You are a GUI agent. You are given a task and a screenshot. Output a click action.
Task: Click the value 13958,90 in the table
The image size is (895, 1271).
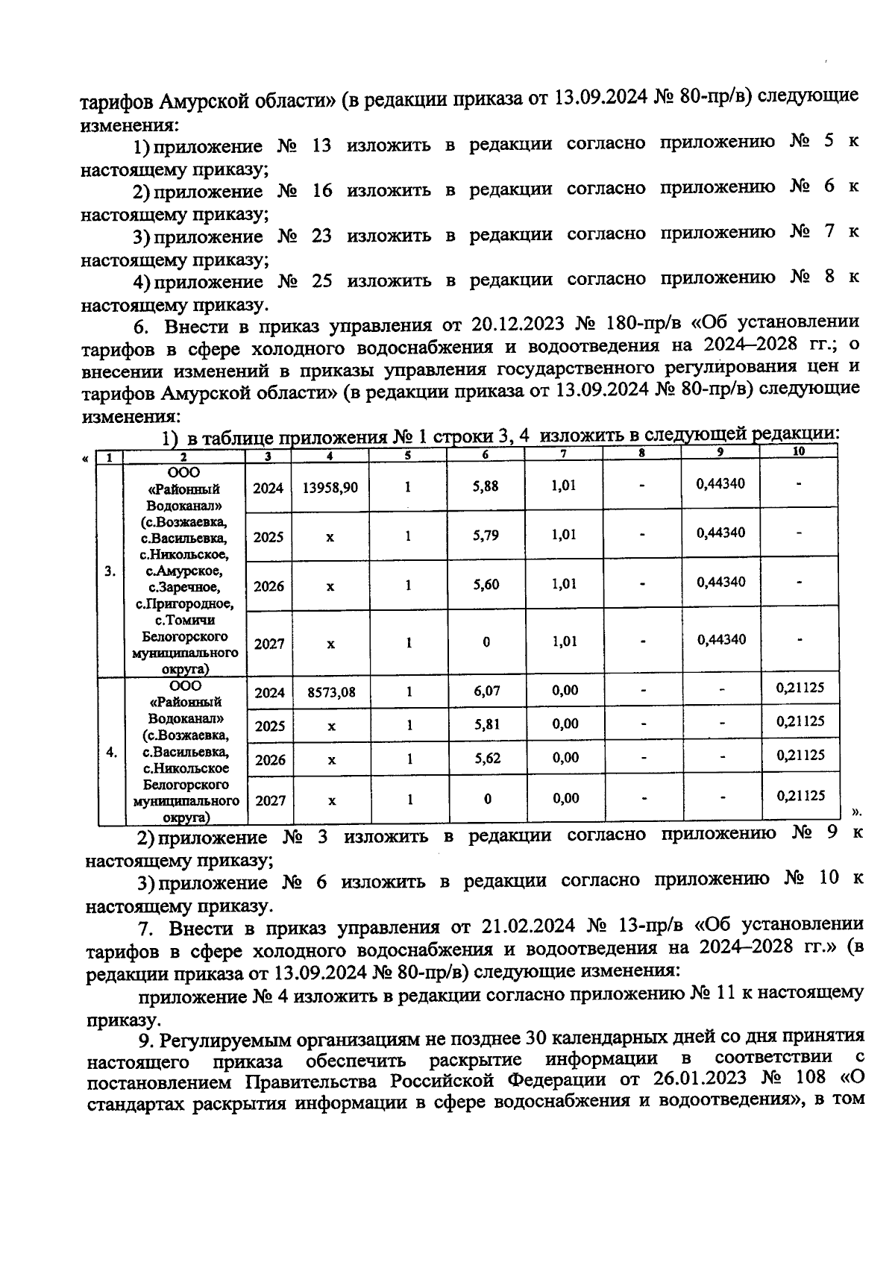[x=330, y=488]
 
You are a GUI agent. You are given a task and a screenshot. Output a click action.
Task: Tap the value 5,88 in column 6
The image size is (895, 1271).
[x=486, y=486]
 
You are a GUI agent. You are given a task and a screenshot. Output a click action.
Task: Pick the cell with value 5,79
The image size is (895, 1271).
[x=486, y=536]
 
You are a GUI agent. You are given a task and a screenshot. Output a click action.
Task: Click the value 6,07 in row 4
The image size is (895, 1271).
[x=486, y=691]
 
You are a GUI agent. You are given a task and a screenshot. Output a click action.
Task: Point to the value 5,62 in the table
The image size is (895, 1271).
[x=487, y=759]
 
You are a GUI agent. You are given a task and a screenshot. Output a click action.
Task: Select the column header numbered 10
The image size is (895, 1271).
[x=798, y=451]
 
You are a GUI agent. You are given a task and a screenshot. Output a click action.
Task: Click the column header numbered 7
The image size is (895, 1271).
[x=564, y=453]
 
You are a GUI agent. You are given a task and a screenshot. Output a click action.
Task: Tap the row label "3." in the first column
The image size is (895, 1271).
[x=110, y=571]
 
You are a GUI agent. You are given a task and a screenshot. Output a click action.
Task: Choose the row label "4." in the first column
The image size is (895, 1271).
[x=111, y=752]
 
